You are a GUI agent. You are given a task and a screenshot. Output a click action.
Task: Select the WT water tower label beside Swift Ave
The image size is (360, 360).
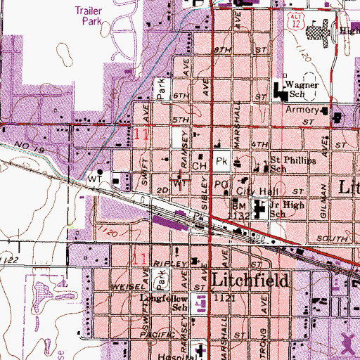coord(94,179)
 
